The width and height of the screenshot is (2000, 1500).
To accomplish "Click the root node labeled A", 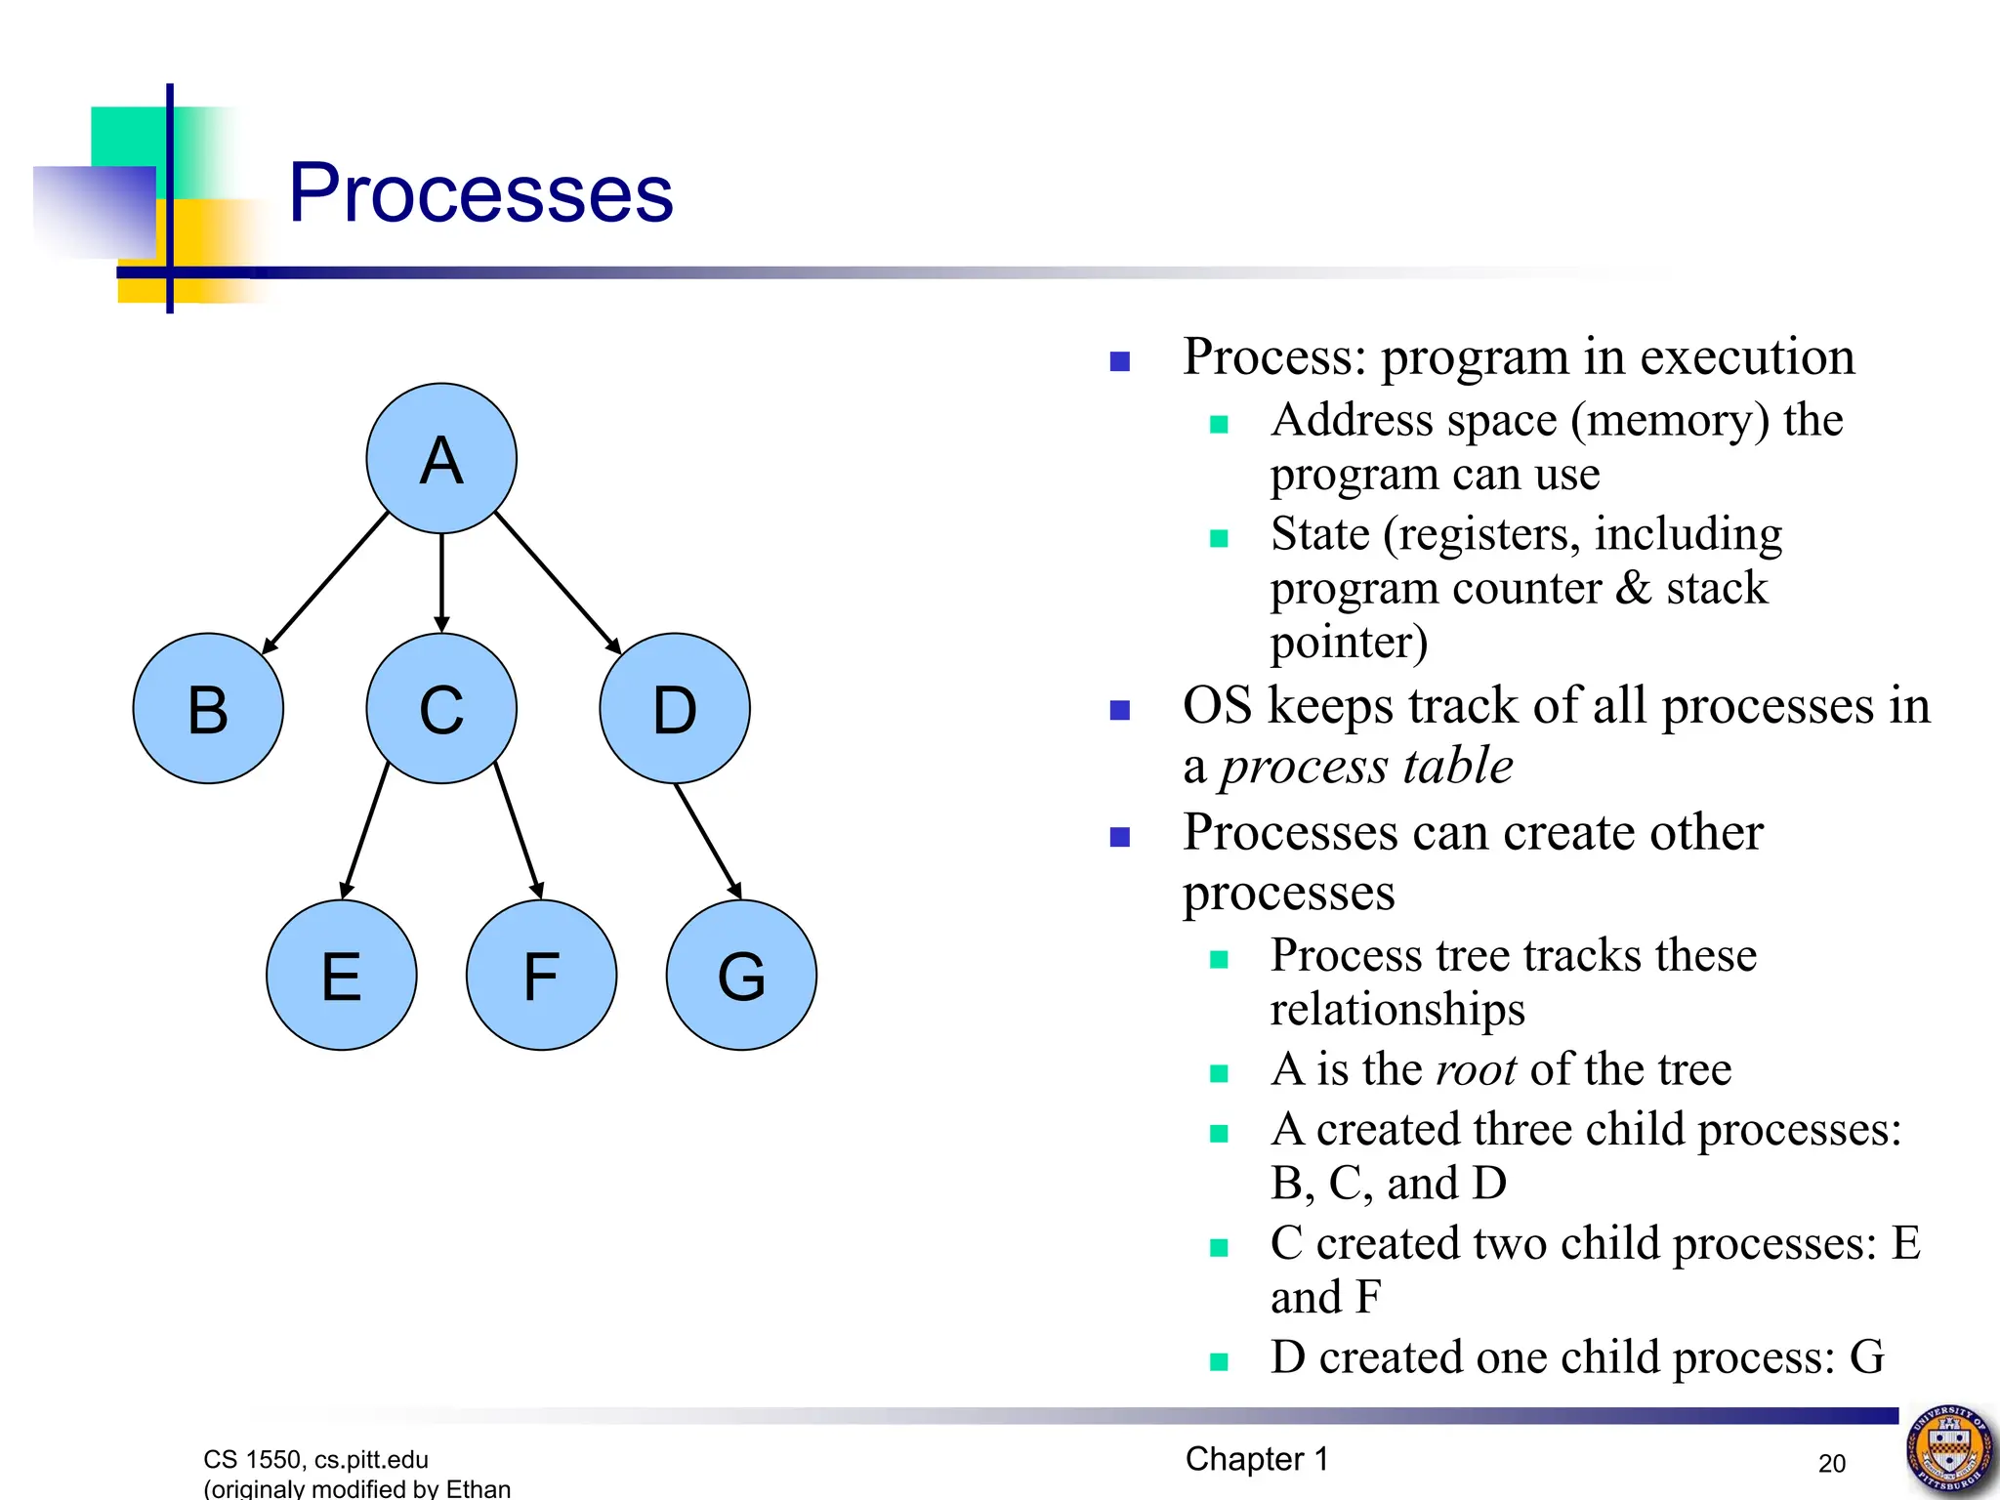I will (x=441, y=458).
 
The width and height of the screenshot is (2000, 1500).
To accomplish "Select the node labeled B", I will (x=208, y=708).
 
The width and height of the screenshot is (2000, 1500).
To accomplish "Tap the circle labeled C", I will (x=441, y=708).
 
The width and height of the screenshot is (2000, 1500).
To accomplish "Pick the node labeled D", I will (x=675, y=708).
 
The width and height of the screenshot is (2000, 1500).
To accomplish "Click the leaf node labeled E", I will (x=341, y=975).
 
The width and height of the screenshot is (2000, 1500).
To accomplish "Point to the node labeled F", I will (x=541, y=975).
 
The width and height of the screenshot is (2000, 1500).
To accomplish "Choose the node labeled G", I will (x=741, y=975).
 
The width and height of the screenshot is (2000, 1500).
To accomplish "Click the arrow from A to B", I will (x=325, y=582).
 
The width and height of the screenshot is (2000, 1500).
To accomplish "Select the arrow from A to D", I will (x=558, y=582).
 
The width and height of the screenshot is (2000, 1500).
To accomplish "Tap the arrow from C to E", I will (x=365, y=830).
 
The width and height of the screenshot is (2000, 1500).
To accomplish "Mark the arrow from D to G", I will (x=708, y=841).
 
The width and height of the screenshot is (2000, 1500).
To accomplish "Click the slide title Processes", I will (x=480, y=193).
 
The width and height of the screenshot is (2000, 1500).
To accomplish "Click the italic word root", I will (x=1475, y=1069).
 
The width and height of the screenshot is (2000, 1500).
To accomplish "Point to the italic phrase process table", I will (x=1366, y=766).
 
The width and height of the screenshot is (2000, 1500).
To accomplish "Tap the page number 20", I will (x=1831, y=1463).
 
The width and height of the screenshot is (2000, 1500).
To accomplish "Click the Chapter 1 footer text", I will (x=1256, y=1459).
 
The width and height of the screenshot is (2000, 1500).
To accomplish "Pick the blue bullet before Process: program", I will (x=1120, y=362).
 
